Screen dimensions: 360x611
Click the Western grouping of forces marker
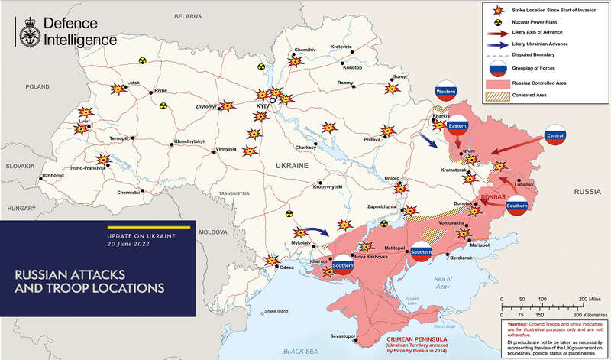pyautogui.click(x=446, y=92)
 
